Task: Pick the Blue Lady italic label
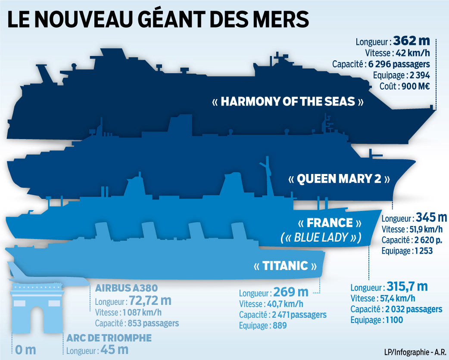tap(321, 238)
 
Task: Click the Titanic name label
tap(286, 266)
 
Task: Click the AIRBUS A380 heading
tap(124, 288)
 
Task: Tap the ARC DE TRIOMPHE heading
tap(109, 338)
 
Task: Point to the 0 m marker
tap(25, 350)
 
